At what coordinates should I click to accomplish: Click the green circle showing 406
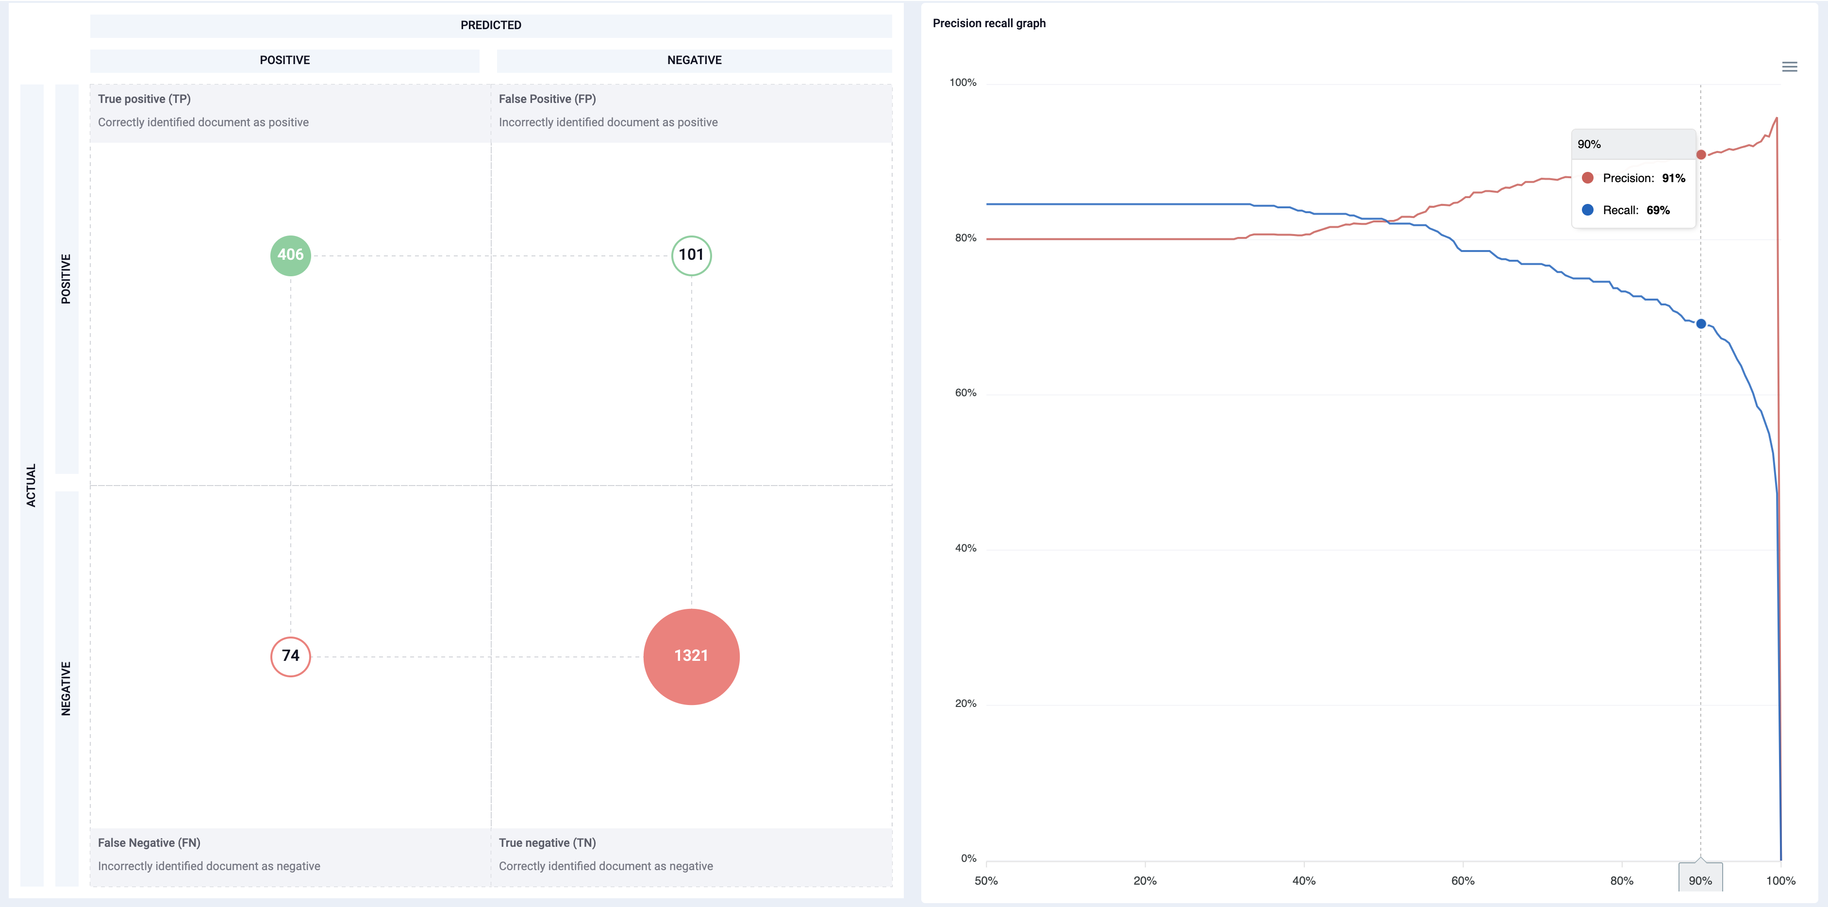pyautogui.click(x=290, y=255)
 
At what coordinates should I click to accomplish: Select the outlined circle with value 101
pyautogui.click(x=691, y=255)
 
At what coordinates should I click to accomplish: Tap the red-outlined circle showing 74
pyautogui.click(x=290, y=656)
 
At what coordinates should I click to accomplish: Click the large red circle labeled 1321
pyautogui.click(x=691, y=656)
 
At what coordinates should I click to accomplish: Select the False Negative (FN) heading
pyautogui.click(x=149, y=843)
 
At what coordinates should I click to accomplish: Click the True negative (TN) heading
pyautogui.click(x=547, y=843)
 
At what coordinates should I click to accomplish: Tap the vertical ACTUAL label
pyautogui.click(x=31, y=486)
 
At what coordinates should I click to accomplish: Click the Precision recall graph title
pyautogui.click(x=989, y=23)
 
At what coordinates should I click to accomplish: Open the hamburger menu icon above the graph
pyautogui.click(x=1789, y=67)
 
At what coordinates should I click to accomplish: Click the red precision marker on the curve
pyautogui.click(x=1700, y=155)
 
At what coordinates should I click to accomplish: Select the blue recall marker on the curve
pyautogui.click(x=1700, y=324)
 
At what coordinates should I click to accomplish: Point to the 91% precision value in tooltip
pyautogui.click(x=1673, y=178)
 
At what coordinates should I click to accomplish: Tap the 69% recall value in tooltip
pyautogui.click(x=1658, y=210)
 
